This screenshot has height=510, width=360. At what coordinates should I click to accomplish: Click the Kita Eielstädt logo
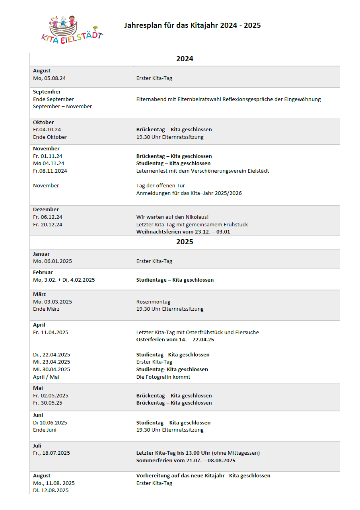[x=72, y=30]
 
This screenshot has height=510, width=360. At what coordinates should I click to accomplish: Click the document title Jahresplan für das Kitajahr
[x=192, y=25]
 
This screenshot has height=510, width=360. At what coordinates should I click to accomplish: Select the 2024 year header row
[x=185, y=59]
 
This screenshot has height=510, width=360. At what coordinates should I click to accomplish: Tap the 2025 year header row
[x=185, y=242]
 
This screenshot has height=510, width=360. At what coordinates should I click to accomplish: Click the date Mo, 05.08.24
[x=49, y=78]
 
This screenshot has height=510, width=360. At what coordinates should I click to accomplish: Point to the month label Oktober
[x=43, y=122]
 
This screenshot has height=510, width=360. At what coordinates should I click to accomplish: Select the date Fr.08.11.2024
[x=50, y=171]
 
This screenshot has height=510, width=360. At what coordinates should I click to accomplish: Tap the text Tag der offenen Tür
[x=160, y=186]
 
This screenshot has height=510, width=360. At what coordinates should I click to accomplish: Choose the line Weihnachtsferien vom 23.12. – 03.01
[x=183, y=232]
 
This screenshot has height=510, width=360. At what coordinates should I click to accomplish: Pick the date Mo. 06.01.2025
[x=53, y=261]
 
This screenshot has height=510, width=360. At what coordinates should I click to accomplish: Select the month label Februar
[x=43, y=273]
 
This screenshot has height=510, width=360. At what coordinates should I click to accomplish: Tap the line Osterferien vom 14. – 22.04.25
[x=181, y=340]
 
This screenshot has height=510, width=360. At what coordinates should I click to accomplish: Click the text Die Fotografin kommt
[x=163, y=377]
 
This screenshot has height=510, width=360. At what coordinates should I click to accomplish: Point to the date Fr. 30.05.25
[x=48, y=403]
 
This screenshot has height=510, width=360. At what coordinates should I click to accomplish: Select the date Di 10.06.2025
[x=50, y=422]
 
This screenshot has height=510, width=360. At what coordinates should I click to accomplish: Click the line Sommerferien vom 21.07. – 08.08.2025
[x=186, y=461]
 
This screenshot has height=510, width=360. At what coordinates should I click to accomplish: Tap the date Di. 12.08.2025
[x=51, y=491]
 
